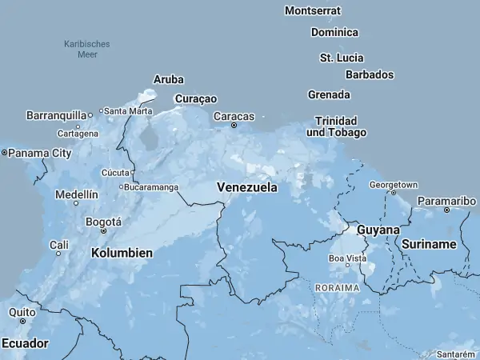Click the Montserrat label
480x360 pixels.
click(x=313, y=11)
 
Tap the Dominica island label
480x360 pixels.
click(x=334, y=33)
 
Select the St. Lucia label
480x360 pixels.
click(x=342, y=58)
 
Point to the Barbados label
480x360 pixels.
click(x=370, y=74)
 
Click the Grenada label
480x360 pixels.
click(x=329, y=94)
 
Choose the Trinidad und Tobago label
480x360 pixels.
click(x=336, y=126)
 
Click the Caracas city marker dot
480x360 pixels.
click(x=234, y=126)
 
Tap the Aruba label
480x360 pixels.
click(x=169, y=79)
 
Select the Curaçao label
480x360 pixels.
click(x=195, y=98)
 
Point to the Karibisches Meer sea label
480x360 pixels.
click(x=87, y=49)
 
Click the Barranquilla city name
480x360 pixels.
click(x=55, y=115)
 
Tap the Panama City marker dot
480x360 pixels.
click(x=4, y=152)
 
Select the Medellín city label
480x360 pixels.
click(x=77, y=194)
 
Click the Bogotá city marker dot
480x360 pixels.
click(x=103, y=230)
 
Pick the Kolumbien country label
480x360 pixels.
click(x=122, y=253)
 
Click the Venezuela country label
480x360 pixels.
click(x=247, y=188)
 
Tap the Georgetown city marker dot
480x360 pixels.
click(x=393, y=193)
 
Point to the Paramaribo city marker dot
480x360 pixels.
click(x=446, y=210)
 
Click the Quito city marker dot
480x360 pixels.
click(x=22, y=321)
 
